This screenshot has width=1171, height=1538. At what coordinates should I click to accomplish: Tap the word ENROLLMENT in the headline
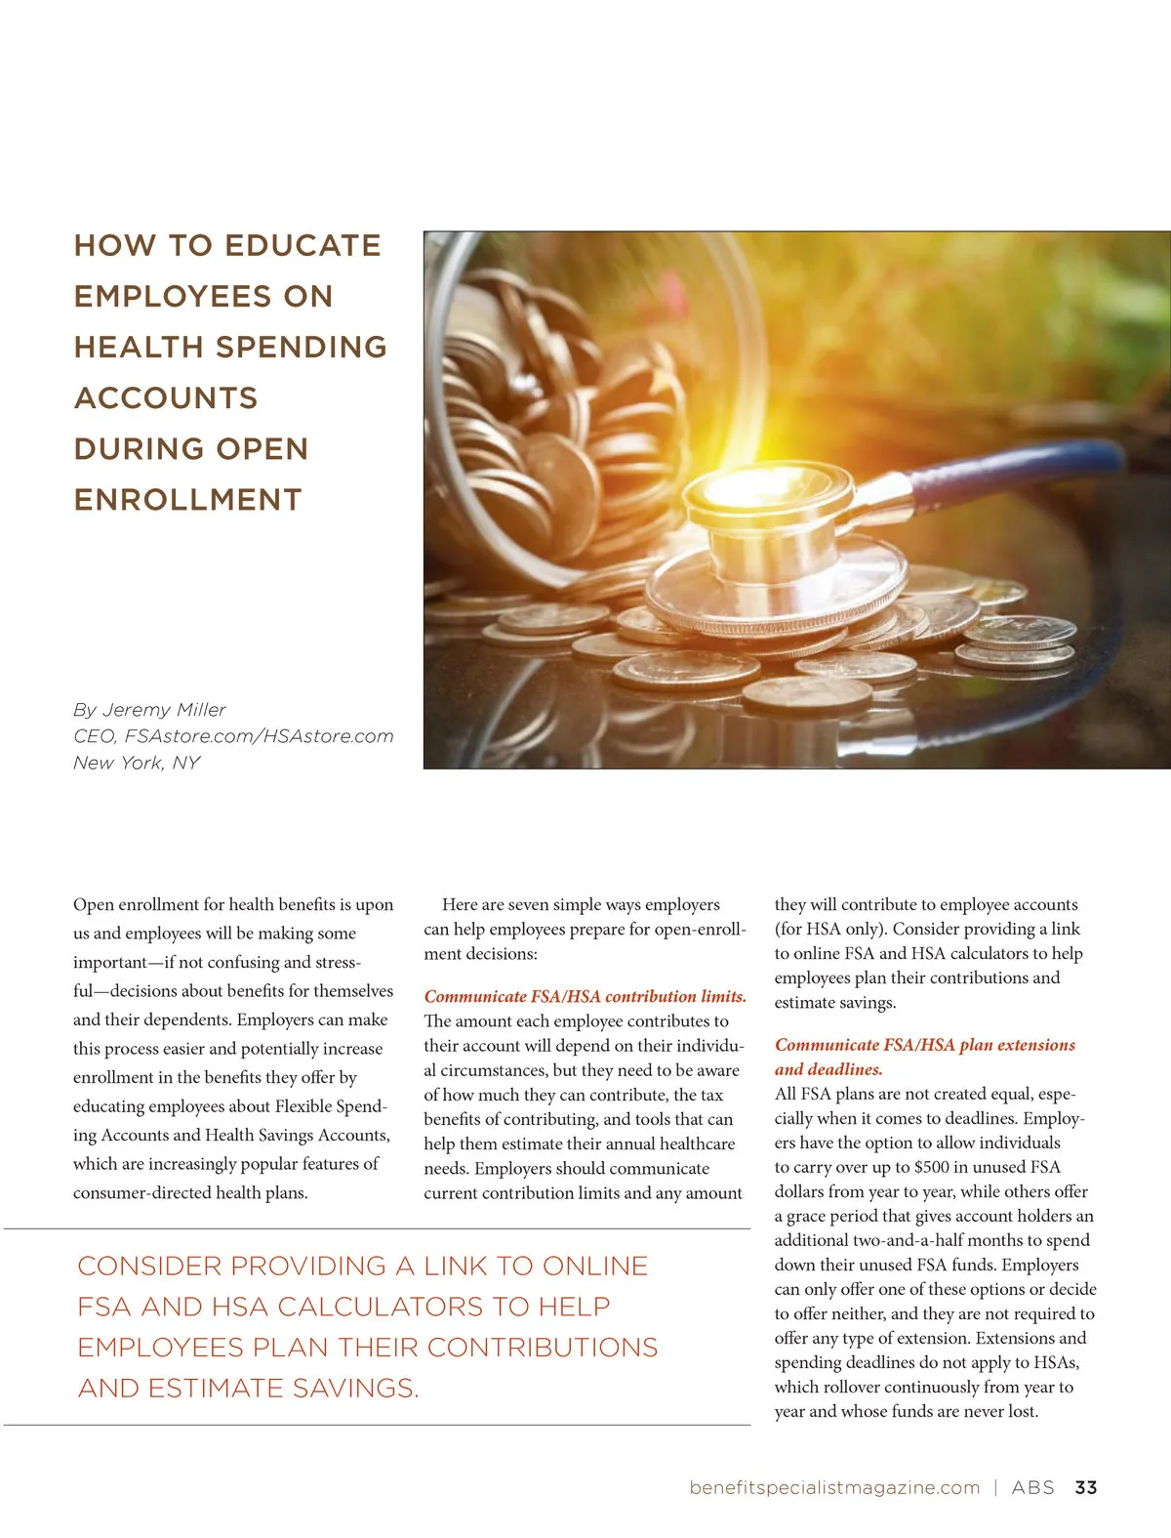click(187, 499)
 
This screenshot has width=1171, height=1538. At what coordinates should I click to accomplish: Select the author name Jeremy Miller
click(163, 710)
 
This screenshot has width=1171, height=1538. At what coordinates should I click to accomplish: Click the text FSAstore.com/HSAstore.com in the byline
click(259, 736)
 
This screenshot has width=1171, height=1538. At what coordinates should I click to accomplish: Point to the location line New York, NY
click(136, 763)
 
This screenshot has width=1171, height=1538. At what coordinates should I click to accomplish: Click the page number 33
click(1085, 1487)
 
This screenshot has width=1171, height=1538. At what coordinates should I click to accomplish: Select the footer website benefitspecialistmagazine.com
click(834, 1487)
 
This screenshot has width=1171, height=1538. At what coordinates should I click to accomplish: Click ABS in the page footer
click(1032, 1487)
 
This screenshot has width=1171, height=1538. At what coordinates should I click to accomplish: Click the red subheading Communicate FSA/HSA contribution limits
click(585, 996)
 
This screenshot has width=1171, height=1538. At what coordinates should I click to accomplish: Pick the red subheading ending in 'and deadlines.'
click(828, 1069)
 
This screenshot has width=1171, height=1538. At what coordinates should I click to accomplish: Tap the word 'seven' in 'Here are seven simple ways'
click(528, 904)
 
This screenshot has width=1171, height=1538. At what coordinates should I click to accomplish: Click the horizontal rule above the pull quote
click(377, 1228)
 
